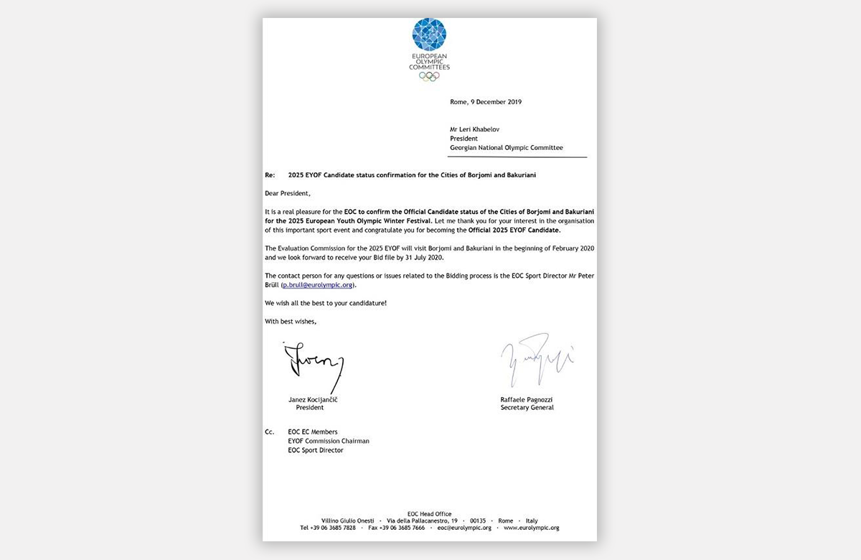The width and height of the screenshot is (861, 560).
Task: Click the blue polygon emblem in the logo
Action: (x=429, y=35)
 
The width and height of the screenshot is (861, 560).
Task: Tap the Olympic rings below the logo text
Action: (x=429, y=76)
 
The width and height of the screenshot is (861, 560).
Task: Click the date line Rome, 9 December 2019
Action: (x=486, y=102)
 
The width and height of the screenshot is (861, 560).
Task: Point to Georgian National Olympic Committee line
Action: (x=507, y=148)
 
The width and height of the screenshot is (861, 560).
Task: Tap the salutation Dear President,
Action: (x=289, y=193)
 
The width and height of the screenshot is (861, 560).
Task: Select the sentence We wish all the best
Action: (x=326, y=303)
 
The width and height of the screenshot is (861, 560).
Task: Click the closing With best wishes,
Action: (x=291, y=321)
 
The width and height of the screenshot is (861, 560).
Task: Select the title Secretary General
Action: (x=527, y=408)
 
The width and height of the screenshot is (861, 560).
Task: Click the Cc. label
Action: (x=270, y=431)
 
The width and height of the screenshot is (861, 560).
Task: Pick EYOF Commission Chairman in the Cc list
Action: (x=328, y=441)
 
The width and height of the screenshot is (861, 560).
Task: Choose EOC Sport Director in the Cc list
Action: (x=315, y=450)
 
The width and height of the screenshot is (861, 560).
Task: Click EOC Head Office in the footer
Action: (x=429, y=514)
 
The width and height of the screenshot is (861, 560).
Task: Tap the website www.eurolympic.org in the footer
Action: (x=532, y=528)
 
